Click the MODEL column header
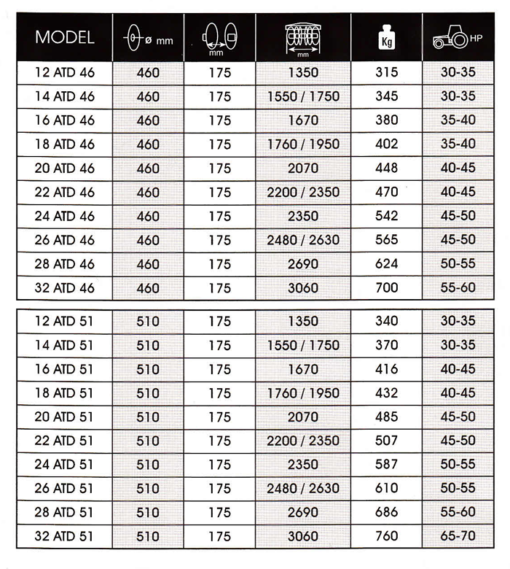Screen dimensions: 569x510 pyautogui.click(x=64, y=37)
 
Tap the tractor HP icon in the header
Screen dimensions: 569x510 pyautogui.click(x=457, y=39)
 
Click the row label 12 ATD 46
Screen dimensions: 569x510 pyautogui.click(x=64, y=72)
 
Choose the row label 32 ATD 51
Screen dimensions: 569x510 pyautogui.click(x=64, y=536)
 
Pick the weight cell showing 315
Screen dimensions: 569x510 pyautogui.click(x=387, y=72)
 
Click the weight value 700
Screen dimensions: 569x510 pyautogui.click(x=387, y=287)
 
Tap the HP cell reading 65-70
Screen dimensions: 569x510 pyautogui.click(x=458, y=536)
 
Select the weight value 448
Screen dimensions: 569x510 pyautogui.click(x=387, y=168)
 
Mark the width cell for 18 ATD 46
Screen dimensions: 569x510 pyautogui.click(x=303, y=144)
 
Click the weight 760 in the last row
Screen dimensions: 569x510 pyautogui.click(x=387, y=536)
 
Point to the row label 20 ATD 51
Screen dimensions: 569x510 pyautogui.click(x=64, y=417)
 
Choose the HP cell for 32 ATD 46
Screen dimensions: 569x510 pyautogui.click(x=458, y=287)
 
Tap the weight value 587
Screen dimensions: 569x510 pyautogui.click(x=387, y=465)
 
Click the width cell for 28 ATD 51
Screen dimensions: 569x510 pyautogui.click(x=303, y=512)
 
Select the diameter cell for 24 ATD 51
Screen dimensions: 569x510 pyautogui.click(x=147, y=465)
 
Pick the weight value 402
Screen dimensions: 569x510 pyautogui.click(x=387, y=144)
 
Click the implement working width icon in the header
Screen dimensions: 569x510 pyautogui.click(x=303, y=39)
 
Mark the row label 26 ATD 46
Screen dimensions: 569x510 pyautogui.click(x=64, y=239)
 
